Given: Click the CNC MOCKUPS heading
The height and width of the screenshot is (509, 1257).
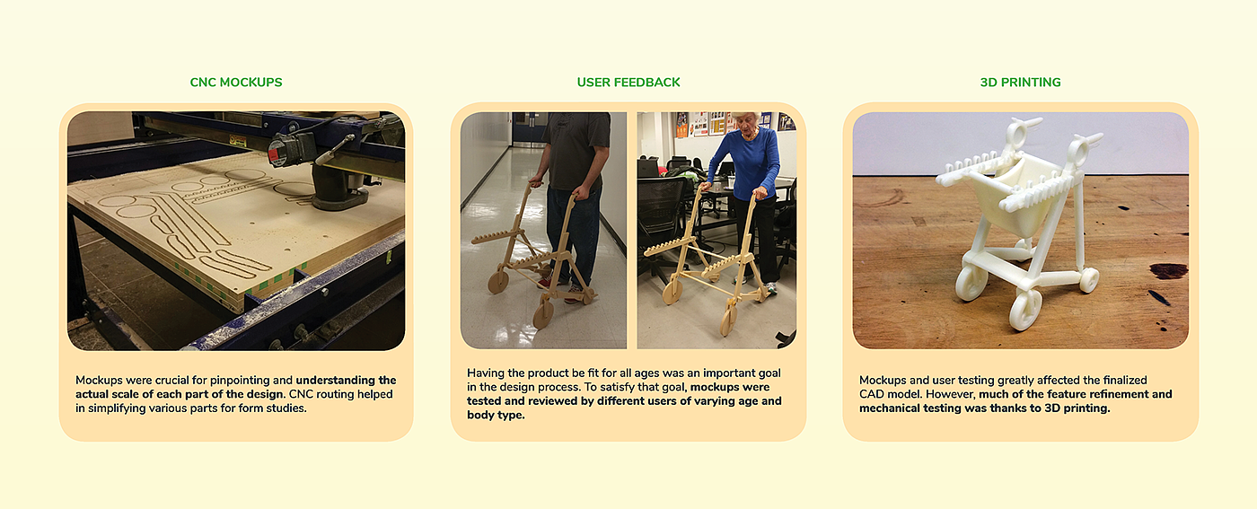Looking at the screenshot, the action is tap(235, 83).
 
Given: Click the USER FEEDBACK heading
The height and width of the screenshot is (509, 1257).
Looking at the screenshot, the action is tap(628, 83).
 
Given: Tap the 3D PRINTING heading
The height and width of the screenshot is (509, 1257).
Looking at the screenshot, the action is tap(1020, 83).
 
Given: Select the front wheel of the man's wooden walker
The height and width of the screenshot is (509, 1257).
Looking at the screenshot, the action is tap(542, 315).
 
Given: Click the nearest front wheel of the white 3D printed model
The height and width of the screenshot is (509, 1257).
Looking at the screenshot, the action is tap(1024, 309).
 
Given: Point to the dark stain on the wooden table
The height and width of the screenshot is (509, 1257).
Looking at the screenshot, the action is tap(1169, 270).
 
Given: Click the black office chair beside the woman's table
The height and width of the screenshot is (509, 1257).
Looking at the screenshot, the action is tap(663, 224).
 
